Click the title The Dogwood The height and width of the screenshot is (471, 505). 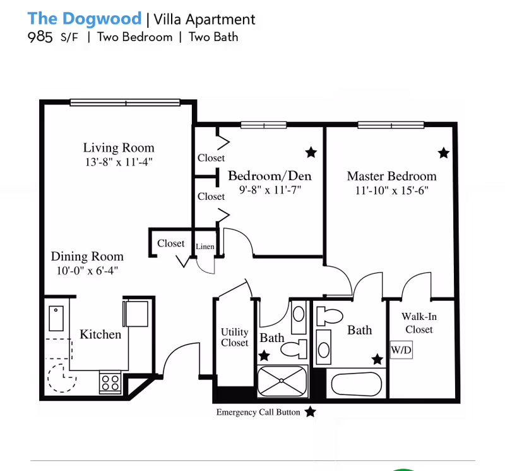coord(85,18)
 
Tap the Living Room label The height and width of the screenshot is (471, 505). coord(119,148)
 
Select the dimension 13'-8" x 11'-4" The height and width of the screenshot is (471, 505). coord(119,162)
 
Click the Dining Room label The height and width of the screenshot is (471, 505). coord(87,257)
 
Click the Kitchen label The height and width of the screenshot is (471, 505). coord(100,334)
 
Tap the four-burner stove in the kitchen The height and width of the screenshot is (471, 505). coord(110,382)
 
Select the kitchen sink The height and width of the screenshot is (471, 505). coord(57,319)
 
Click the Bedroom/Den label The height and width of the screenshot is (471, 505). coord(270,176)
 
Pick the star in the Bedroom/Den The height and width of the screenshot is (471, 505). coord(311,152)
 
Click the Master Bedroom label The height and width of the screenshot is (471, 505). coord(391,176)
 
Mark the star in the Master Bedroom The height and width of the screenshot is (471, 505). coord(443,152)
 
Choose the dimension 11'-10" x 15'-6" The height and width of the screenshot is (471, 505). coord(391,190)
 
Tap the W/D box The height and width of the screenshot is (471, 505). coord(401,349)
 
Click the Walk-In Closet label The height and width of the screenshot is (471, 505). coord(419,323)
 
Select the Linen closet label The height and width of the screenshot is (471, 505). coord(205,246)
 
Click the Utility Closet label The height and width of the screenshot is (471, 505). coord(234,337)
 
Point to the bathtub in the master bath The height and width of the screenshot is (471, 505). coord(357,384)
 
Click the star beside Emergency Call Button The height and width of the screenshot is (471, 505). coord(310,412)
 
